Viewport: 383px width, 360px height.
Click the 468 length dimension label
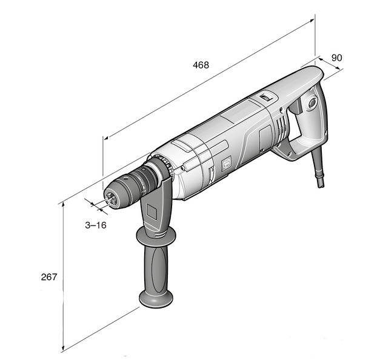coord(201,65)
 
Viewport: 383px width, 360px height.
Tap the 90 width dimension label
coord(336,58)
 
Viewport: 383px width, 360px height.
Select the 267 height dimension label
coord(49,277)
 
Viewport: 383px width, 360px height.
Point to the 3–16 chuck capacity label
coord(96,225)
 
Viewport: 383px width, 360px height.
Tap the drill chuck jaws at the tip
coord(111,198)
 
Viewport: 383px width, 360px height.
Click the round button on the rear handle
coord(313,102)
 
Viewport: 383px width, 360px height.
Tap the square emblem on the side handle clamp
coord(152,212)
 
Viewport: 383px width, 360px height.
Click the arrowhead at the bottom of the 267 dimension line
coord(63,348)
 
